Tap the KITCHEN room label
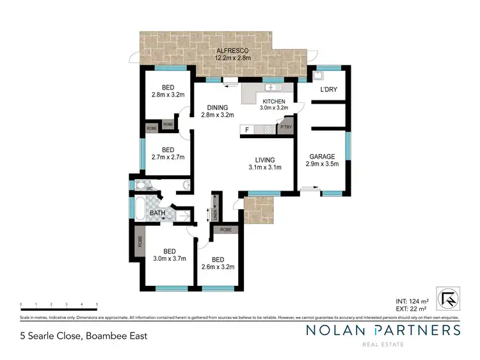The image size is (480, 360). [276, 100]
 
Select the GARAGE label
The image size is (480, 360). [321, 157]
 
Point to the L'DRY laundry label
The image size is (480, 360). [330, 90]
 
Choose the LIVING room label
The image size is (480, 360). [264, 160]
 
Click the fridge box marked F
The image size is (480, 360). [246, 130]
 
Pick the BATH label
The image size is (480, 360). [157, 213]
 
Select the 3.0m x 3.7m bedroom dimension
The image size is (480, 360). [169, 259]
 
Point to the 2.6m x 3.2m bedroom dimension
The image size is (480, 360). [218, 267]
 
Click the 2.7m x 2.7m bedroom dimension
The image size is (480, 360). [168, 157]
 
